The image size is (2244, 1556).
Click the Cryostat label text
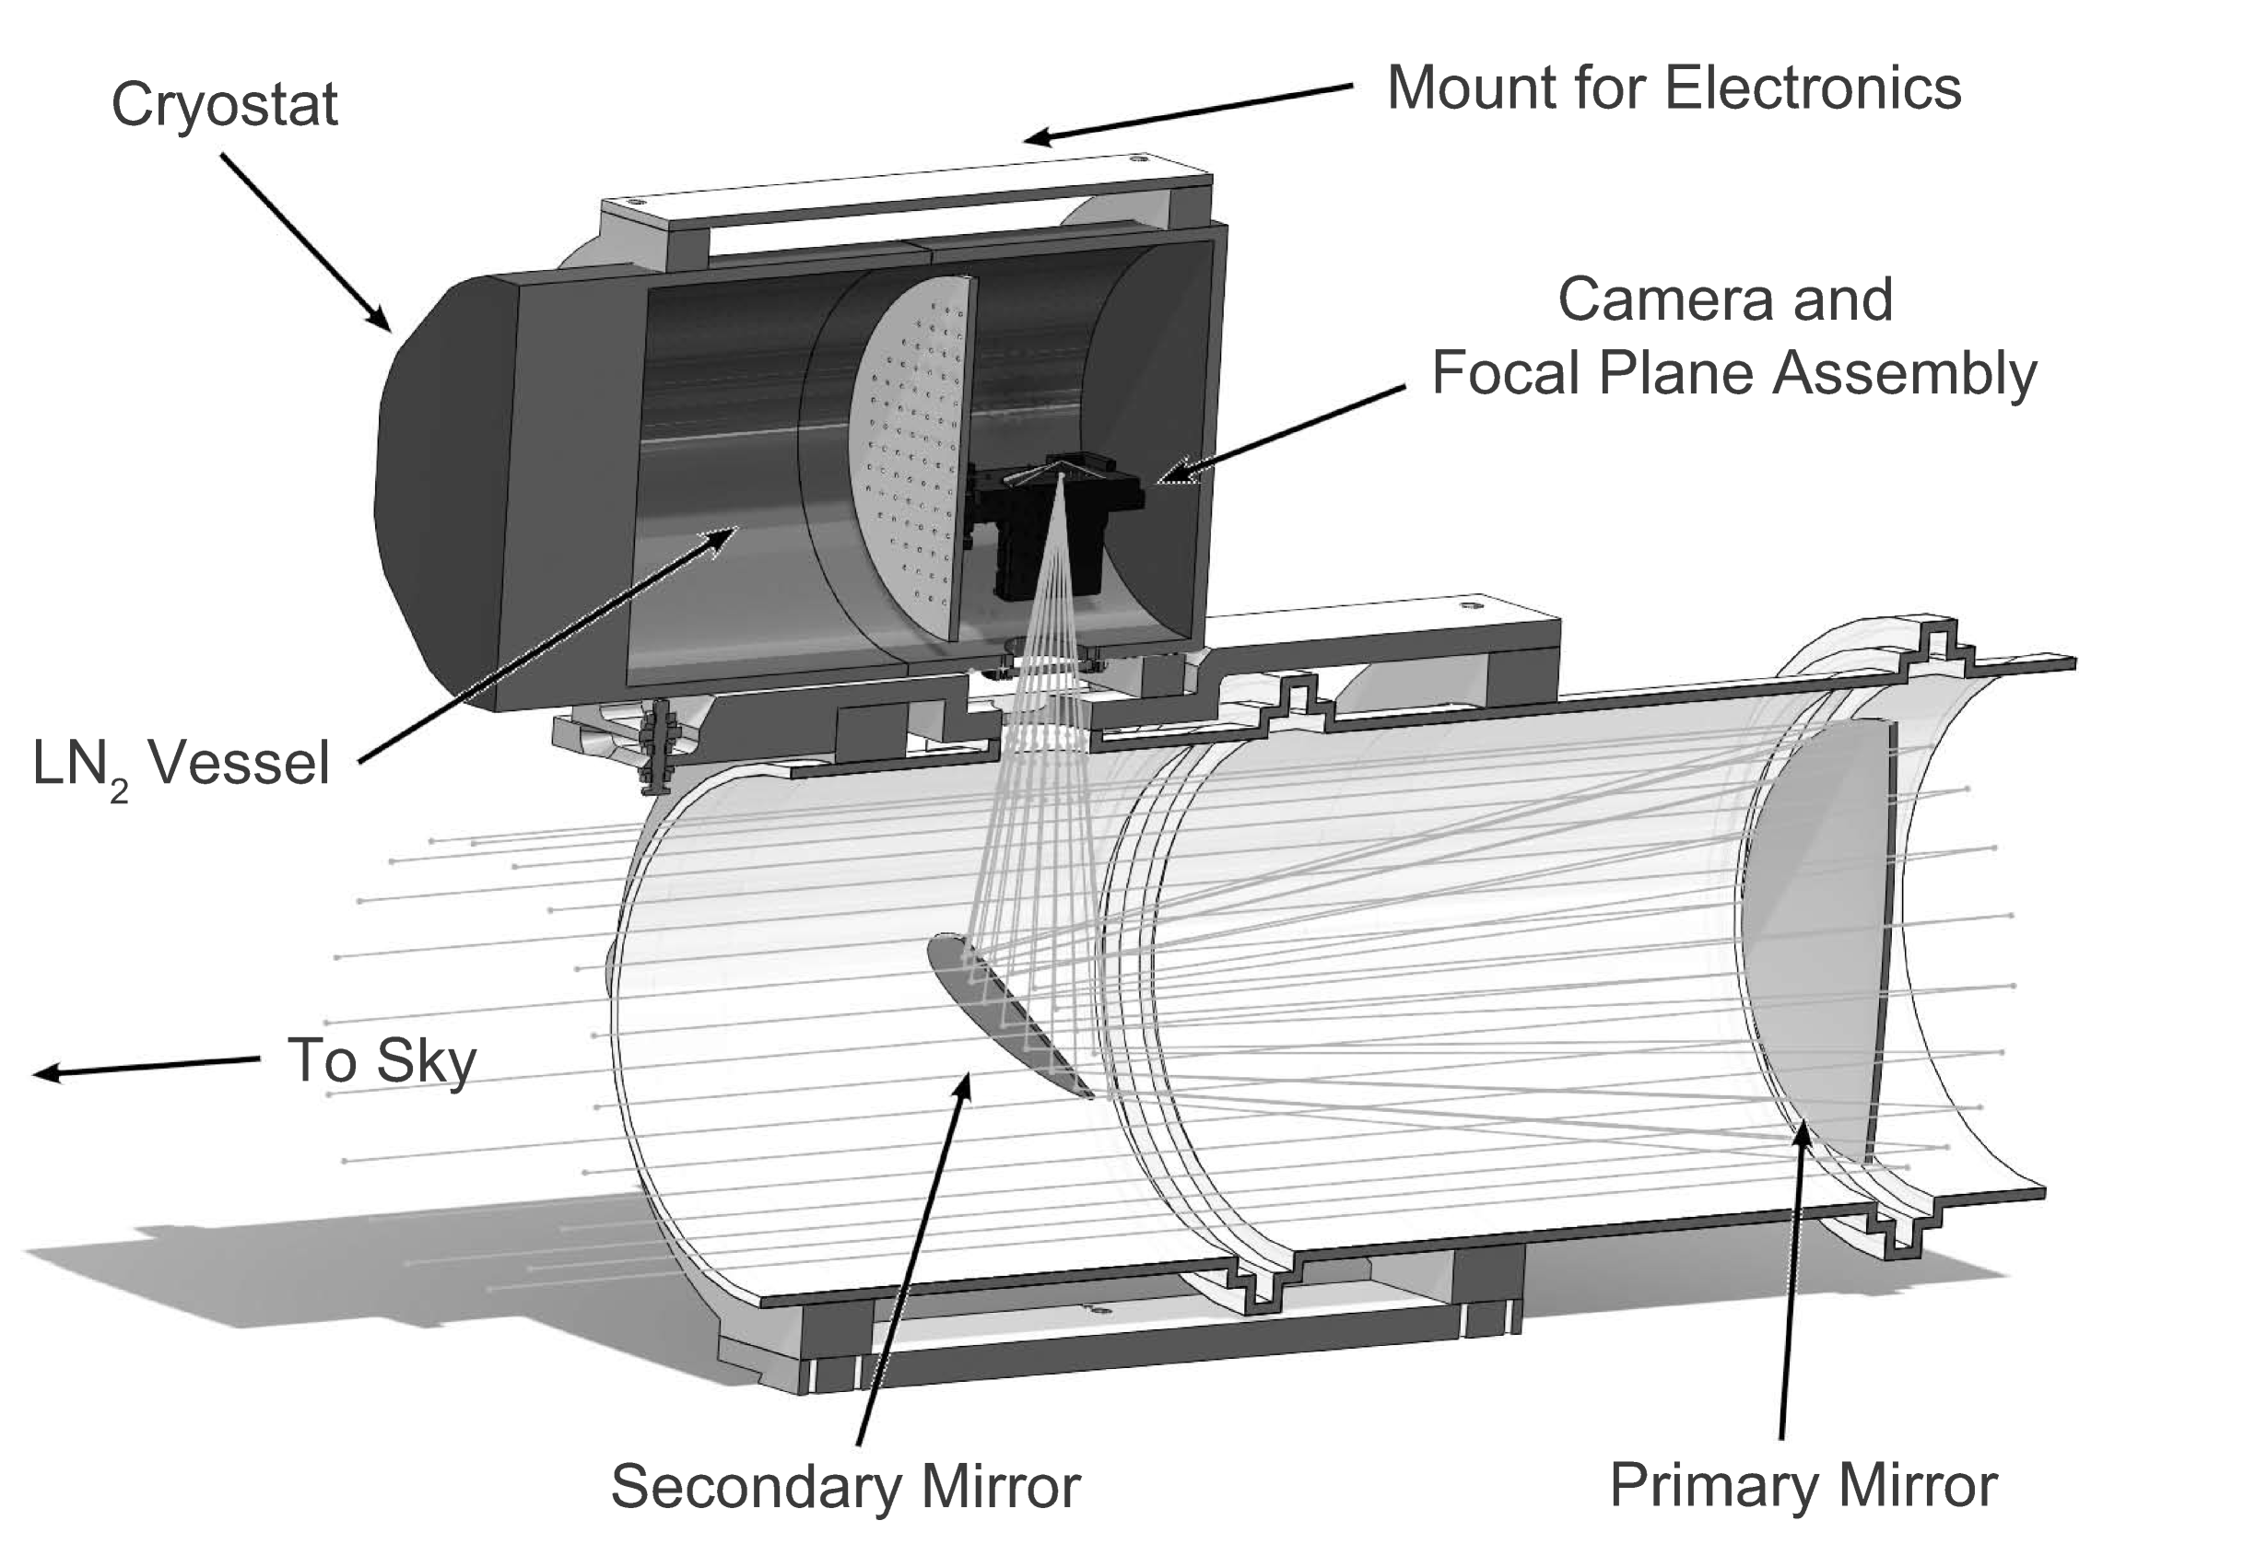tap(224, 105)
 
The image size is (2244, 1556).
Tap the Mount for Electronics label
tap(1673, 88)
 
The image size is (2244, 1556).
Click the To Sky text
tap(382, 1060)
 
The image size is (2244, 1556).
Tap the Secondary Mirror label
tap(844, 1486)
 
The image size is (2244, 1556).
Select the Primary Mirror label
tap(1803, 1485)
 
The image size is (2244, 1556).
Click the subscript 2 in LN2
tap(118, 790)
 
